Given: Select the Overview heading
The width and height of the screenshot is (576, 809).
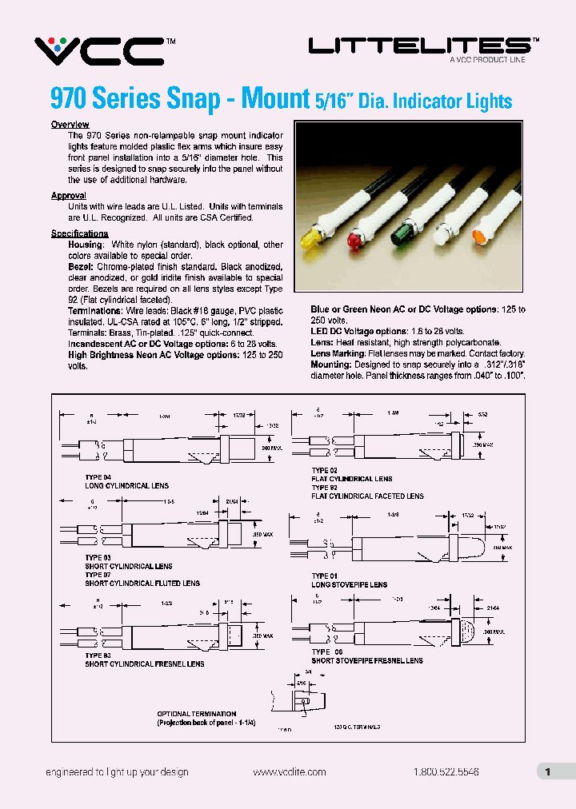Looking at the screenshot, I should (x=70, y=125).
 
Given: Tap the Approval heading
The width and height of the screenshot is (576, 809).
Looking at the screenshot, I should (x=68, y=196).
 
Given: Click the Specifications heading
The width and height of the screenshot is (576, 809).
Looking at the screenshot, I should (x=79, y=233).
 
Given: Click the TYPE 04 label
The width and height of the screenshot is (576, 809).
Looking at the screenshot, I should (x=100, y=477).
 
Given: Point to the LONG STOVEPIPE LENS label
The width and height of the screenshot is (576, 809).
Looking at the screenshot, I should (x=350, y=584).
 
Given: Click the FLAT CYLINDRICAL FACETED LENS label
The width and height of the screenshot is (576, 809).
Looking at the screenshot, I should (x=367, y=496).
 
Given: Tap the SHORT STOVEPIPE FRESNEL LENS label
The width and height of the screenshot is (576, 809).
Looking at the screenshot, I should (x=367, y=661).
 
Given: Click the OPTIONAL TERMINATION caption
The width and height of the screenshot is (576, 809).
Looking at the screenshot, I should (x=196, y=714).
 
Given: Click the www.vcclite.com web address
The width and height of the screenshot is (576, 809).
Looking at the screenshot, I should (x=289, y=771).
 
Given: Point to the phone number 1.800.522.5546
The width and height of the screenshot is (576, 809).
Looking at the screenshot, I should (x=446, y=771).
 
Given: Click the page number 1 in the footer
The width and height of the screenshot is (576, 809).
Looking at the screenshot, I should (x=547, y=771).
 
